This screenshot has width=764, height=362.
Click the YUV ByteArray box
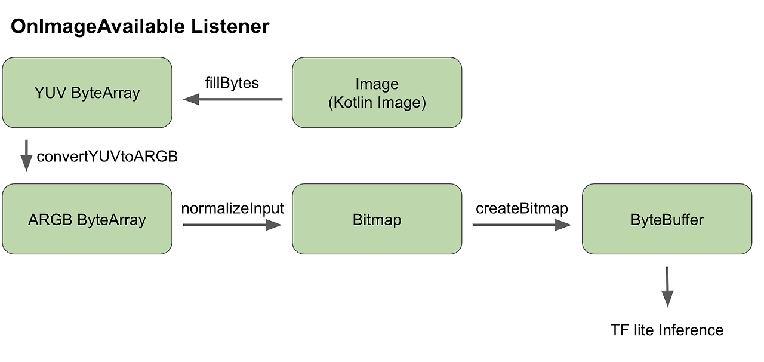click(87, 93)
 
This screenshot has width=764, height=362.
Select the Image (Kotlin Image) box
click(377, 93)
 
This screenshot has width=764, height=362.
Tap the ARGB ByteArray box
click(87, 219)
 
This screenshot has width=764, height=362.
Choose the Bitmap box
click(377, 219)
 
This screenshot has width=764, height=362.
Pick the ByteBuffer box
click(667, 219)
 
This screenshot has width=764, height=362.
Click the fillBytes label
click(232, 82)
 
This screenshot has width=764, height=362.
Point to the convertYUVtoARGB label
click(107, 157)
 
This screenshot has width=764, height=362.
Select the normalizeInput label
click(233, 208)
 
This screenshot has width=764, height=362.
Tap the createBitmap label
click(522, 208)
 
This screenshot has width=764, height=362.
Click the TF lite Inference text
click(667, 330)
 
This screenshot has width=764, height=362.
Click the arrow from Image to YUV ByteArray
click(233, 99)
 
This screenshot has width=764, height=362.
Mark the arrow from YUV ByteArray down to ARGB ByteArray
click(26, 156)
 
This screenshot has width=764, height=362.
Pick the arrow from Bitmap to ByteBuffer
click(522, 225)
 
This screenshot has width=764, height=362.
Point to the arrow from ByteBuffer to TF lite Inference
click(667, 287)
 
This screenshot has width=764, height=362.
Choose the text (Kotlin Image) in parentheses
click(377, 102)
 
